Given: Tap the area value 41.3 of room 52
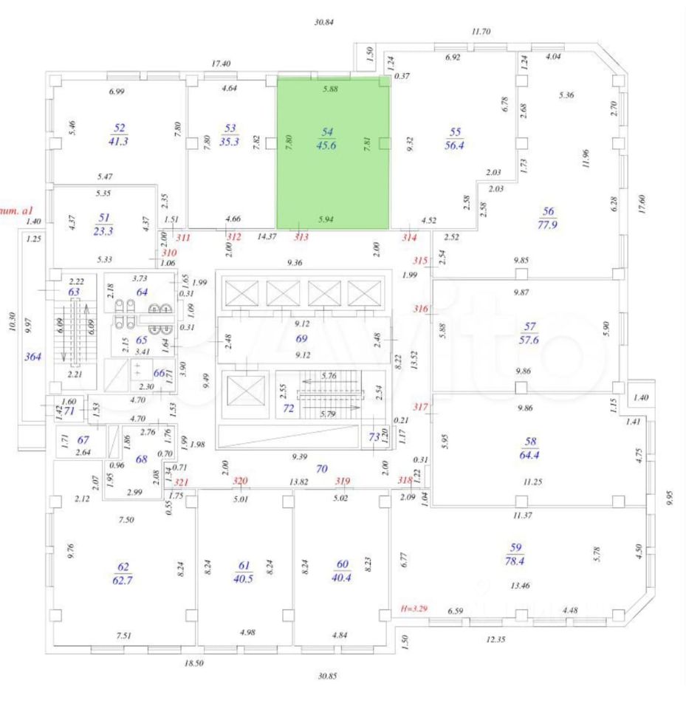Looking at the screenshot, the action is (118, 141).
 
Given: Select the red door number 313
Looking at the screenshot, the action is (301, 237).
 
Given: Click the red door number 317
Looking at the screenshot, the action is (421, 407).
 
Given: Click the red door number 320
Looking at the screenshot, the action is (239, 481).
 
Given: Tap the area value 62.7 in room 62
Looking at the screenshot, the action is (123, 578).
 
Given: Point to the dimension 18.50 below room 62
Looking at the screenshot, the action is (194, 663).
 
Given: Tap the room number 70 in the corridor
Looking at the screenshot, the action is (322, 467).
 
